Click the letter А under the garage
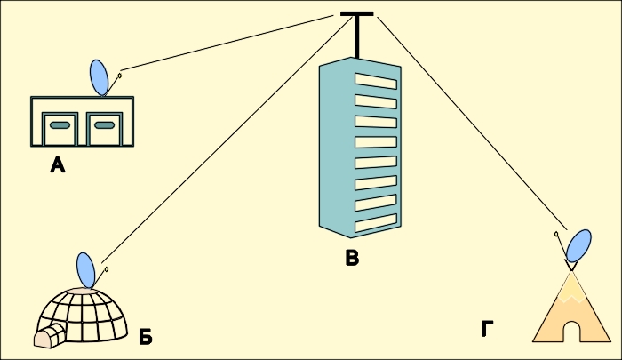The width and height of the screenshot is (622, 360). click(58, 164)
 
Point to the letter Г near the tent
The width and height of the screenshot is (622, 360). click(488, 330)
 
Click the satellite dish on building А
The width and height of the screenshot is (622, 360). click(100, 77)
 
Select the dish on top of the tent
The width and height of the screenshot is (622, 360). click(578, 245)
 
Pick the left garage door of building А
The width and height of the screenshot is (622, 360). click(60, 128)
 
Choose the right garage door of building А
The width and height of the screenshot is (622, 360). click(104, 128)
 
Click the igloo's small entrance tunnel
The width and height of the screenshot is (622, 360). click(49, 335)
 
